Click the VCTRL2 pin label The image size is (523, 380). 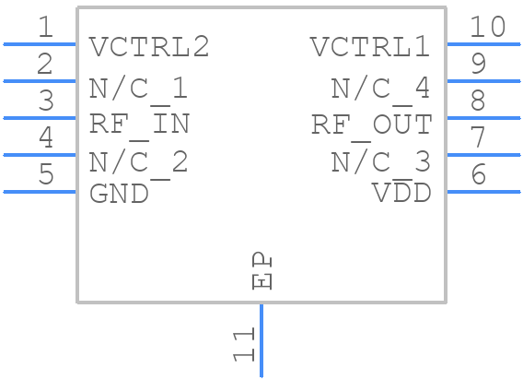149,46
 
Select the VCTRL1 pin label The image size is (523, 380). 370,46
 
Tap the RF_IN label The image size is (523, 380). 139,124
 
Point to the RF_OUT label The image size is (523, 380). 370,124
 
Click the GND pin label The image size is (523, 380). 119,194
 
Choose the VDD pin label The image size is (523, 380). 401,194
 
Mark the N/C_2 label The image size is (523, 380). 139,162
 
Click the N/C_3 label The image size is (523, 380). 380,162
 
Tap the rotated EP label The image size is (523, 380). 262,272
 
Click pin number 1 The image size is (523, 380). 46,28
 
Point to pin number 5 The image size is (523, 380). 46,175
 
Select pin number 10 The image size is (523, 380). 487,28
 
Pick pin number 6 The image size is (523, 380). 478,175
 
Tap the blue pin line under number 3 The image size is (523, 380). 40,118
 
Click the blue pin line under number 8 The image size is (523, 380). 483,118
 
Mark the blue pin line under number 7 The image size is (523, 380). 483,155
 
